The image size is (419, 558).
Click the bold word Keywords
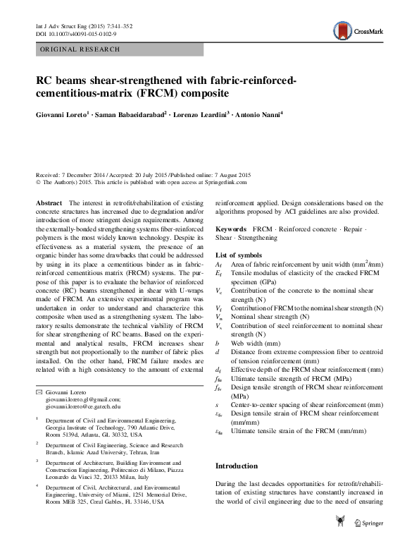point(231,230)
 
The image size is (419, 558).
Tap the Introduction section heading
point(237,466)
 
